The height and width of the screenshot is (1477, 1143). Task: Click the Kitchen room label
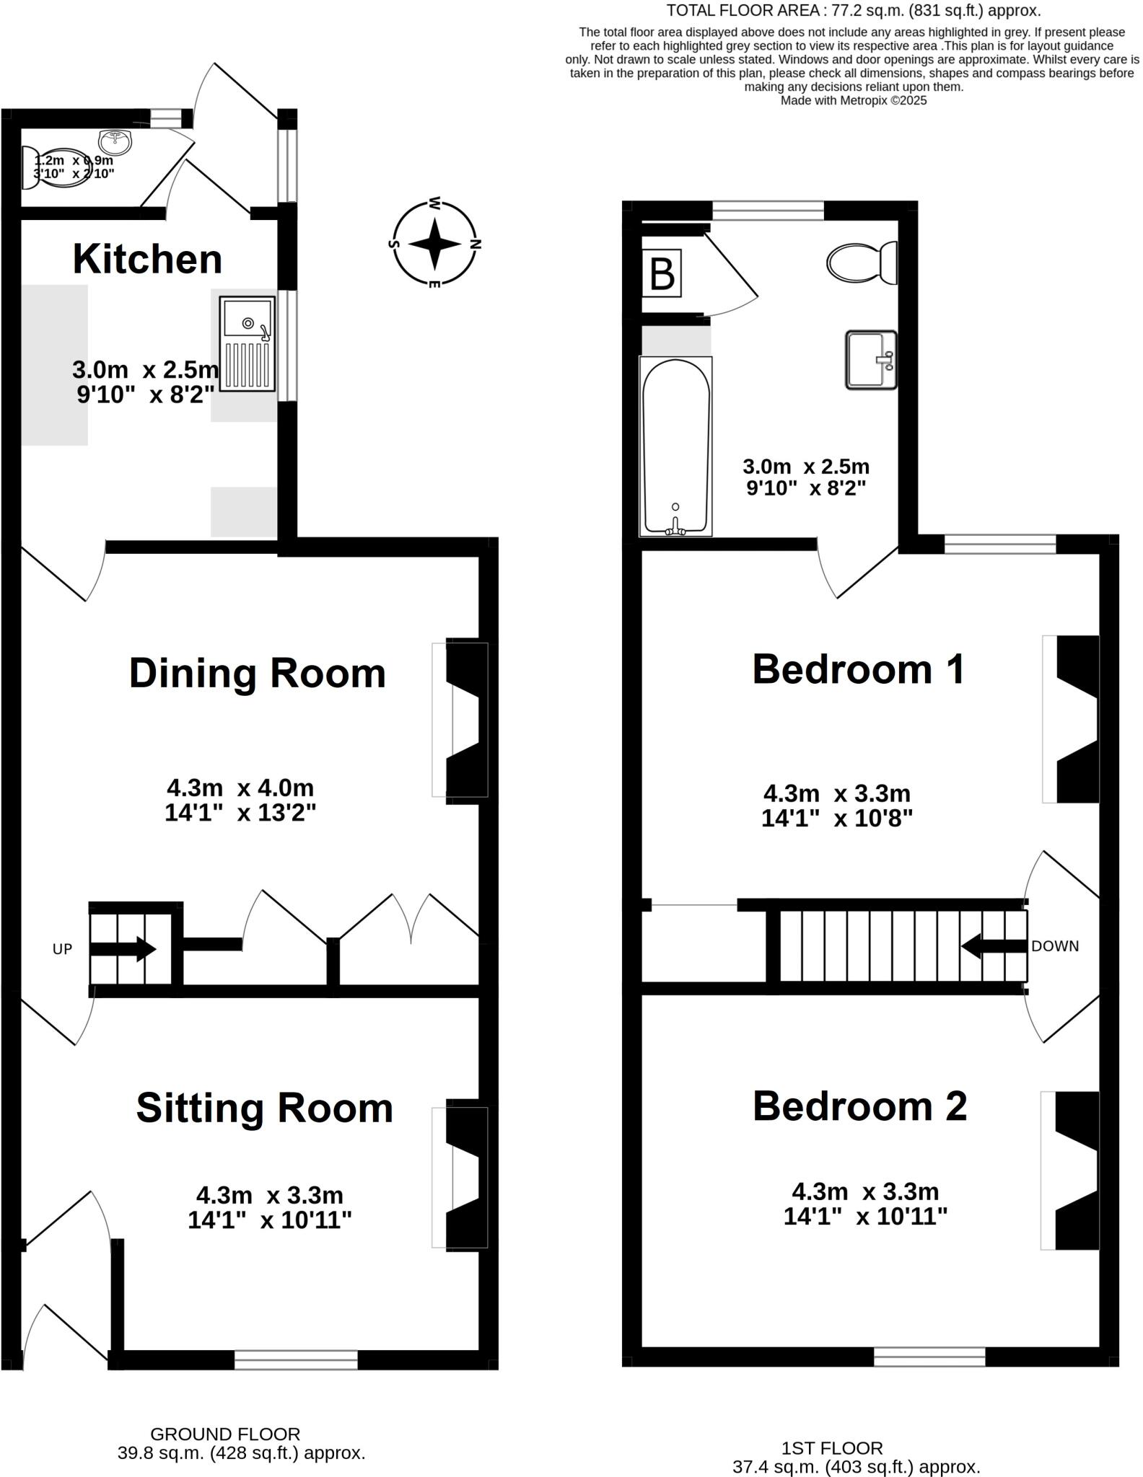coord(147,259)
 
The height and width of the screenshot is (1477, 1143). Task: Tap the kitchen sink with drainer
coord(248,344)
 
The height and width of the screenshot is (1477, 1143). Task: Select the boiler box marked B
coord(662,273)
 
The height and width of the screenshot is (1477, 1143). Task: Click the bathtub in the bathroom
coord(675,446)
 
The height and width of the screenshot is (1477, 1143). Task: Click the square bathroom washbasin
coord(870,360)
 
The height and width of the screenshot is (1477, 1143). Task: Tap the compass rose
coord(434,244)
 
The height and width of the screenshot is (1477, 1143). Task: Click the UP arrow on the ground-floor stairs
coord(122,948)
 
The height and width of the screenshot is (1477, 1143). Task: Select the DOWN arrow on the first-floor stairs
coord(994,945)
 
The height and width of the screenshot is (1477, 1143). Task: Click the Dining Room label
coord(257,674)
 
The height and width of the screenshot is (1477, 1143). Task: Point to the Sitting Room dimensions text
coord(269,1207)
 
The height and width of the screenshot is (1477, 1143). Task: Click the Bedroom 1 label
coord(858,669)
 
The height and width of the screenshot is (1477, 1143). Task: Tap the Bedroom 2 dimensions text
coord(865,1204)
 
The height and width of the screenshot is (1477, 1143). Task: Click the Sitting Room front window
coord(296,1360)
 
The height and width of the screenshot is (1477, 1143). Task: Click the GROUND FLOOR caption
coord(225,1434)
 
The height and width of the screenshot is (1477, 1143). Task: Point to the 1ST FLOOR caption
coord(832,1448)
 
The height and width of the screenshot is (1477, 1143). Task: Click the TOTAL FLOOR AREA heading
coord(853,10)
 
